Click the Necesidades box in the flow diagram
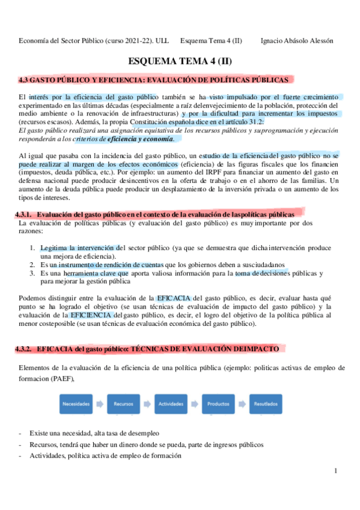pyautogui.click(x=76, y=404)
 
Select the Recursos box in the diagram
pyautogui.click(x=123, y=404)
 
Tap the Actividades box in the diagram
pyautogui.click(x=171, y=404)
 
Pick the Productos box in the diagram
pyautogui.click(x=218, y=404)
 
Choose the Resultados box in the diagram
pyautogui.click(x=266, y=404)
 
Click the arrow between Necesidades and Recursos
pyautogui.click(x=99, y=404)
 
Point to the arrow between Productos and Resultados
pyautogui.click(x=242, y=404)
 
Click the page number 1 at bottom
pyautogui.click(x=336, y=472)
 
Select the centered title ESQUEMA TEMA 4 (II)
pyautogui.click(x=180, y=61)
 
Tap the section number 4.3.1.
pyautogui.click(x=26, y=215)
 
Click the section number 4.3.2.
pyautogui.click(x=26, y=349)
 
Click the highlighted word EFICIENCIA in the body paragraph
pyautogui.click(x=90, y=315)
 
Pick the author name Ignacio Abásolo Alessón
pyautogui.click(x=297, y=41)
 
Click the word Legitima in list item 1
pyautogui.click(x=55, y=248)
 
